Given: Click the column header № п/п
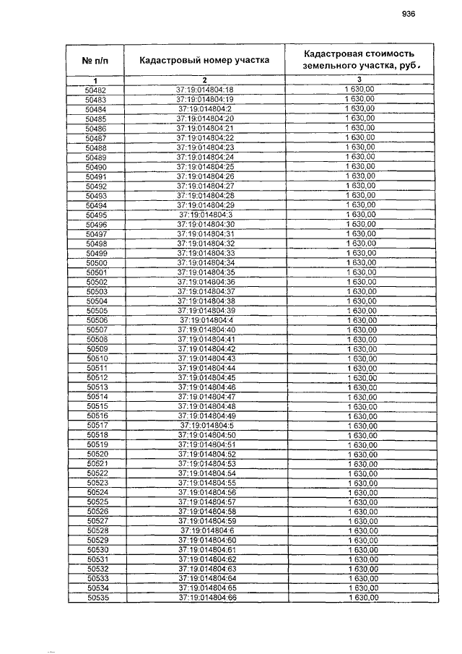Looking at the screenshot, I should click(96, 60).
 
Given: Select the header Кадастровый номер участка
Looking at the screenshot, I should click(204, 60).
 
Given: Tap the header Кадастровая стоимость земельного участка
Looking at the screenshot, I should click(359, 60).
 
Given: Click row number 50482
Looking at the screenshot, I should click(96, 90).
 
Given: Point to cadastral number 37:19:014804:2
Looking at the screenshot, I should click(205, 109).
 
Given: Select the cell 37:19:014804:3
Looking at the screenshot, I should click(205, 215).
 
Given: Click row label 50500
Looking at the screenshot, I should click(96, 263).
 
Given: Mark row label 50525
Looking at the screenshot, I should click(97, 502).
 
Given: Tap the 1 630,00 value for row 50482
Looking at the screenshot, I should click(359, 90).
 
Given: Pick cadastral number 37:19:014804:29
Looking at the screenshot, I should click(205, 205).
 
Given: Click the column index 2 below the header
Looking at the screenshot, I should click(205, 79).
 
